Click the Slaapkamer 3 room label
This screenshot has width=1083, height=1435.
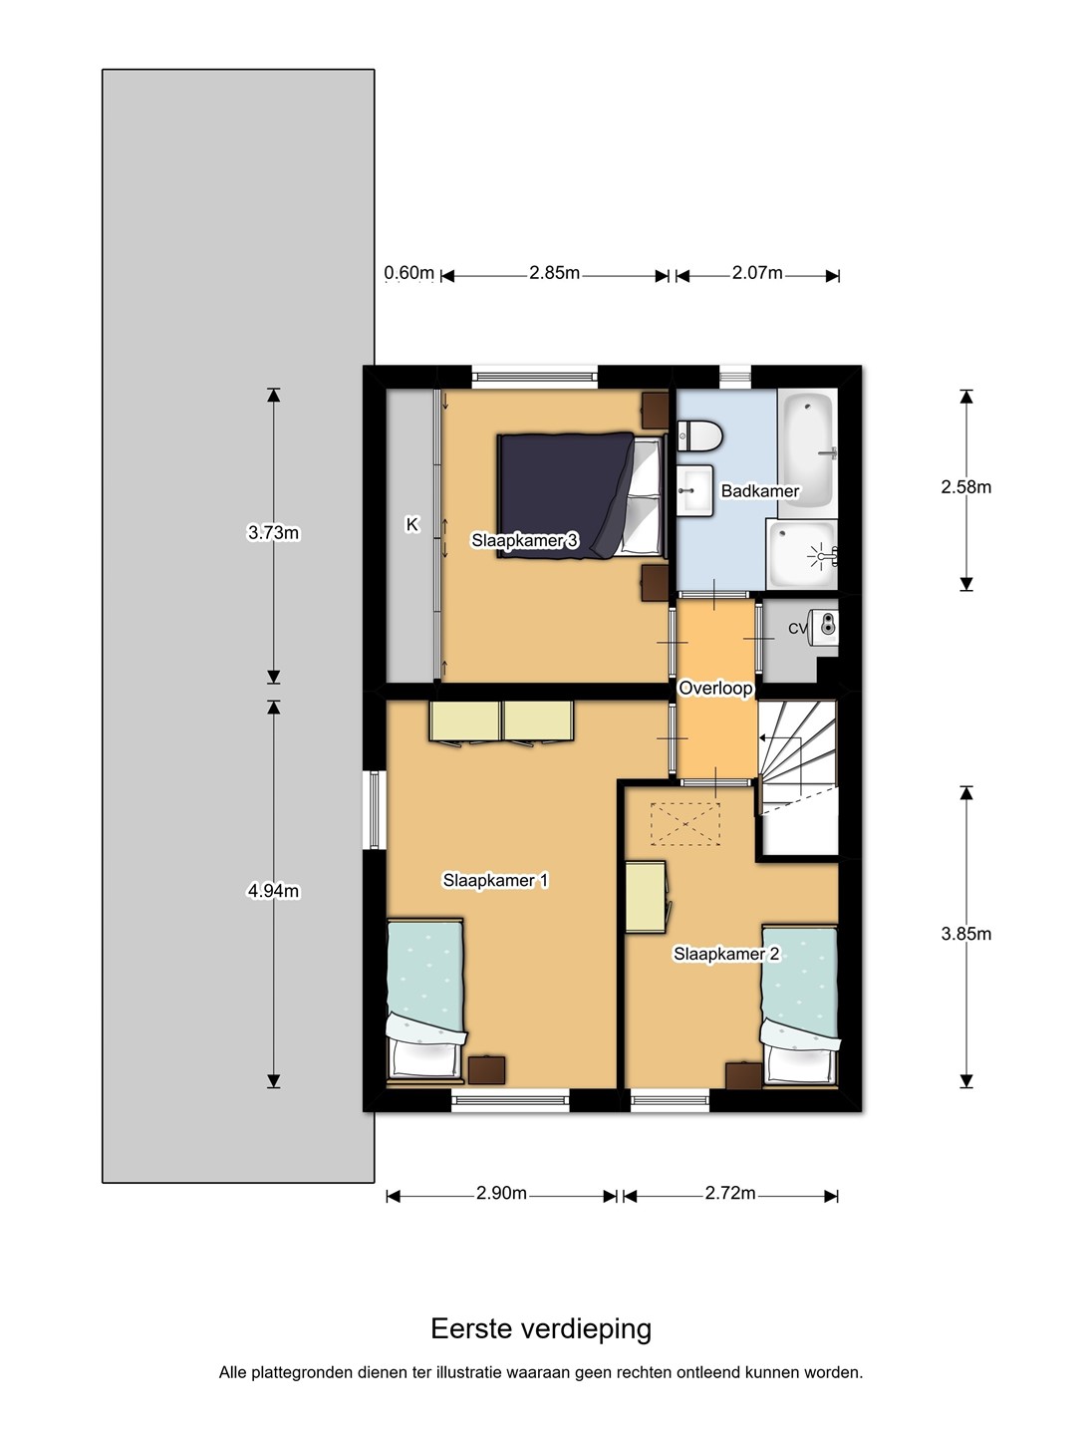pos(524,541)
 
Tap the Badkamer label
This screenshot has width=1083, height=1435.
pos(759,491)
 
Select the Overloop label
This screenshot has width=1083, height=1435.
pos(715,688)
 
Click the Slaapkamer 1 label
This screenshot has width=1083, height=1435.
pos(495,880)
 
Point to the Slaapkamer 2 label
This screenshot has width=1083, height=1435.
pos(726,954)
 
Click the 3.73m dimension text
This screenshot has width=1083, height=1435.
pos(273,533)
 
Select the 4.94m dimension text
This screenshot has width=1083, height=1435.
pos(273,891)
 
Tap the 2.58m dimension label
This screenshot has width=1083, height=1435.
pos(965,487)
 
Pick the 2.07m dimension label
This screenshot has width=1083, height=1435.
pos(757,273)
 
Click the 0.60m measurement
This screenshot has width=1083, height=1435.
pos(408,273)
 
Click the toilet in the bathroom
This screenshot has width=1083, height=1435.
pos(698,436)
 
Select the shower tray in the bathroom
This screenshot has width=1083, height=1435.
pos(802,555)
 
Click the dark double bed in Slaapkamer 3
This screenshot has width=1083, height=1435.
pos(581,495)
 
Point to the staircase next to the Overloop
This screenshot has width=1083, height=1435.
pos(798,777)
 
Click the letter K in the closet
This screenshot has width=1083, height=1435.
pos(411,524)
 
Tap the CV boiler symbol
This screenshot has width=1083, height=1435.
pos(824,625)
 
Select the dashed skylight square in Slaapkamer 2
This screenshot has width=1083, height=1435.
pos(684,824)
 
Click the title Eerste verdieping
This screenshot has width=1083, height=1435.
pos(541,1328)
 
